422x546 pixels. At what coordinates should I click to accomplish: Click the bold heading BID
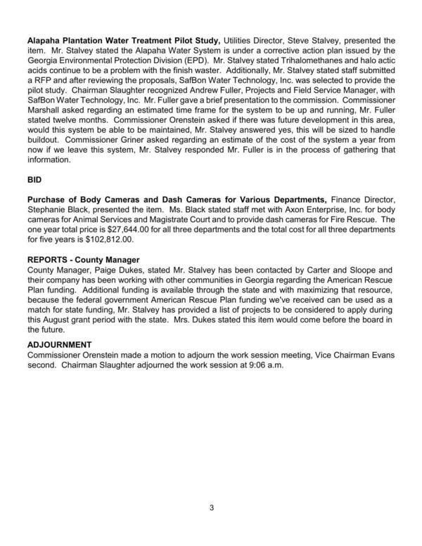pos(34,180)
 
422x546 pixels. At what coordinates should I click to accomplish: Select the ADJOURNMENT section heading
pos(60,345)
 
